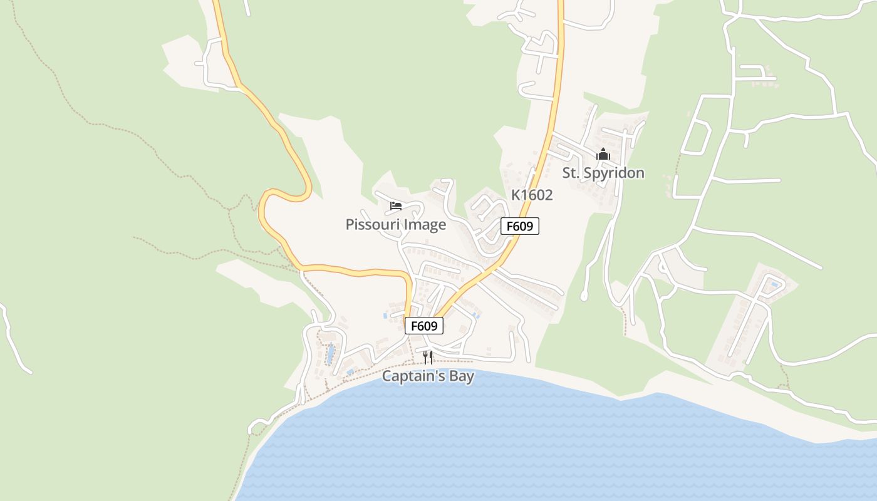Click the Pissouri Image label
pyautogui.click(x=396, y=224)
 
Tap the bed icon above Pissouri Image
pyautogui.click(x=395, y=205)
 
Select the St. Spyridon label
pyautogui.click(x=603, y=173)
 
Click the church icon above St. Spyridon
pyautogui.click(x=603, y=153)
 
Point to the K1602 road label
pyautogui.click(x=532, y=195)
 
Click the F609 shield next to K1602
pyautogui.click(x=520, y=226)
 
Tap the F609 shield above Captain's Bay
pyautogui.click(x=424, y=326)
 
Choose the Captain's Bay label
pyautogui.click(x=428, y=376)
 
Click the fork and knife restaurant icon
pyautogui.click(x=428, y=358)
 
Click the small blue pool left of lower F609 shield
pyautogui.click(x=385, y=316)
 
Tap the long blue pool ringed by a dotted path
pyautogui.click(x=330, y=354)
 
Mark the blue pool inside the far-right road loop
pyautogui.click(x=776, y=285)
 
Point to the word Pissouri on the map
pyautogui.click(x=373, y=224)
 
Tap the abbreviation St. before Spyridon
pyautogui.click(x=571, y=173)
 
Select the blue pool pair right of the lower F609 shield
pyautogui.click(x=477, y=316)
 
